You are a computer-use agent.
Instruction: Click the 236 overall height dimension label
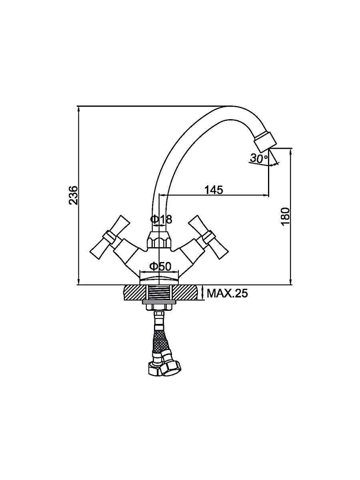pyautogui.click(x=73, y=195)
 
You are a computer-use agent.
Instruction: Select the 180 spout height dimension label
pyautogui.click(x=285, y=217)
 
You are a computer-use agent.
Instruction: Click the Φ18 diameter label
pyautogui.click(x=161, y=219)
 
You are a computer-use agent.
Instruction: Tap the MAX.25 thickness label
pyautogui.click(x=227, y=294)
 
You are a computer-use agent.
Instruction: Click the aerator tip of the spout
pyautogui.click(x=264, y=142)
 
